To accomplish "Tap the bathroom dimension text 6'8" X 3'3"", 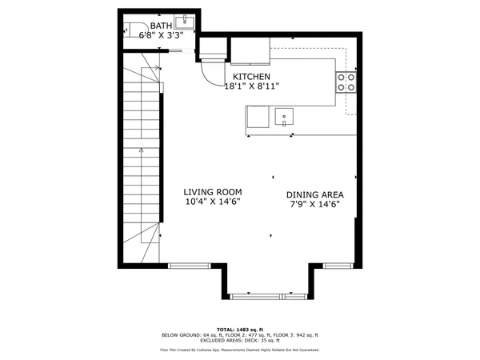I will pos(162,35).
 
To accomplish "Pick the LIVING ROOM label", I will pos(212,192).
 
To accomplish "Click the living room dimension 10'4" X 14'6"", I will pos(212,202).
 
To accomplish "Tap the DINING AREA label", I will pos(314,194).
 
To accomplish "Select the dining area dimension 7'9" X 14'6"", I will pos(314,204).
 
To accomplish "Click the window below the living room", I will pos(186,264).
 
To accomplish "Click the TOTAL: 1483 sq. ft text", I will pos(240,330).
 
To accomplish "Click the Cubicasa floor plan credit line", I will pos(240,350).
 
